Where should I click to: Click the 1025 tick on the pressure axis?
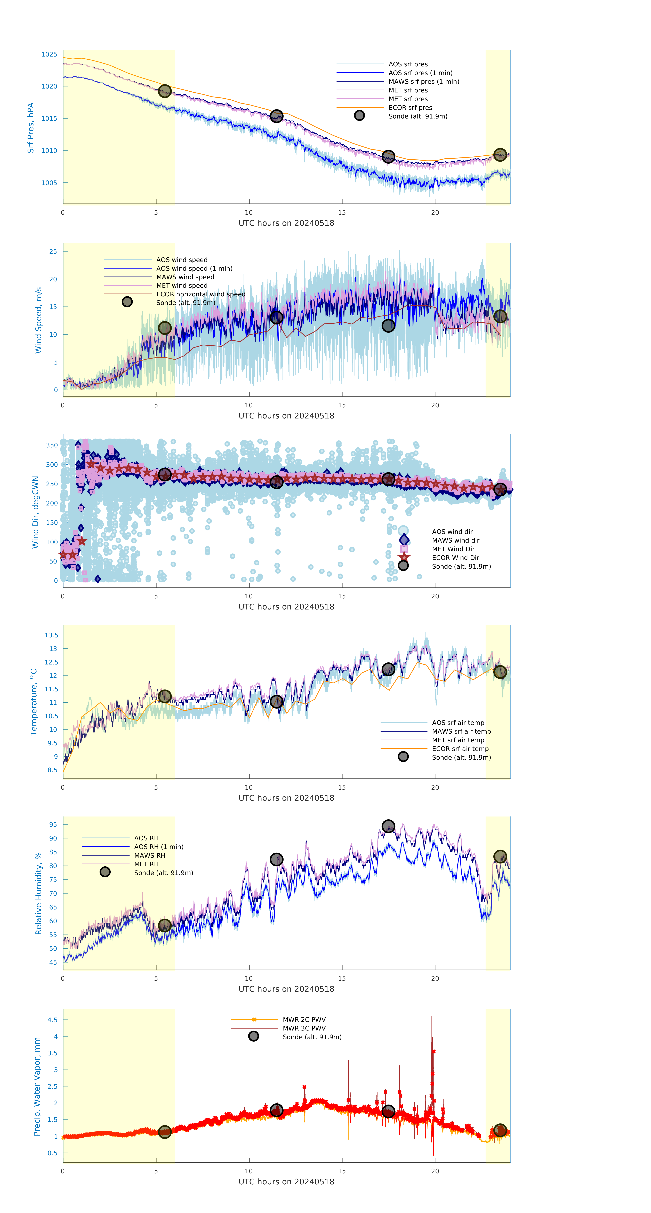(x=49, y=54)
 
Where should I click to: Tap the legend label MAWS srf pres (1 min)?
(x=424, y=82)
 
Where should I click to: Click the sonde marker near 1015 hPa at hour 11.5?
(x=276, y=116)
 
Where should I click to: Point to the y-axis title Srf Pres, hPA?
(x=31, y=128)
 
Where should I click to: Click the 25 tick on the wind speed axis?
(x=53, y=251)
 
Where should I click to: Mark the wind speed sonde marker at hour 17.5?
(x=388, y=325)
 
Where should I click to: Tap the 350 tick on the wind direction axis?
(x=52, y=445)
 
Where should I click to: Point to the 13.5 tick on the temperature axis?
(x=51, y=635)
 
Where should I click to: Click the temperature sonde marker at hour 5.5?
(x=164, y=696)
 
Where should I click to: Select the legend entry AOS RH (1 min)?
(x=159, y=847)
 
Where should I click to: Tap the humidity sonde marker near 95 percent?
(x=388, y=826)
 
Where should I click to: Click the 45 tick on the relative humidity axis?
(x=53, y=963)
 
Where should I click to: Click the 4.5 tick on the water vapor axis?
(x=52, y=1020)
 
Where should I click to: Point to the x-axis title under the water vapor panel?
(x=286, y=1182)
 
